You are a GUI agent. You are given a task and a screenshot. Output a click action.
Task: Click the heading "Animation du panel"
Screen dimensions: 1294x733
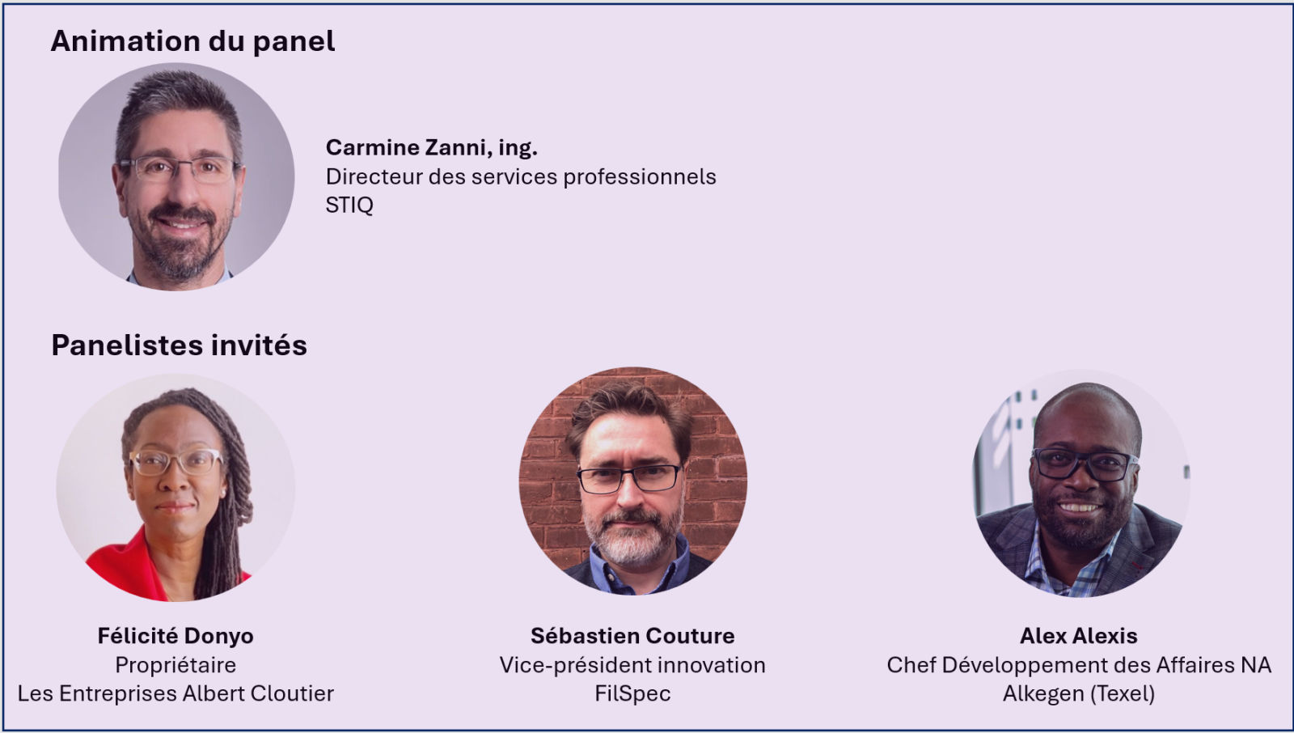tap(192, 41)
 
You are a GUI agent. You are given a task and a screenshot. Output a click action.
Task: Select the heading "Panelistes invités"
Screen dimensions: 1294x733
tap(179, 345)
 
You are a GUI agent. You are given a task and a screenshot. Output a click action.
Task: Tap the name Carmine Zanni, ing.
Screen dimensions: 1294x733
tap(432, 148)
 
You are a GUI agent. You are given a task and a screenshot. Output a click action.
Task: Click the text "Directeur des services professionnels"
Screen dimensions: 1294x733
tap(521, 177)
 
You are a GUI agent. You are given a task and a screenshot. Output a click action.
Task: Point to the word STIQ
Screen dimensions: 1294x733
tap(349, 205)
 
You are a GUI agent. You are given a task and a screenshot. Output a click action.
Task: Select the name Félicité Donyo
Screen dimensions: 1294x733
tap(175, 636)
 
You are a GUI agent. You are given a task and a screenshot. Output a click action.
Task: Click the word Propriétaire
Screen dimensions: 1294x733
tap(175, 665)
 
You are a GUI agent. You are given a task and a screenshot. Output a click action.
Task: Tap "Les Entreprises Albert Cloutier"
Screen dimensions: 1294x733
tap(175, 693)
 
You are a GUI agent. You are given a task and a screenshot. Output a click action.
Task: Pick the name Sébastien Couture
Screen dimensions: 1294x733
tap(632, 636)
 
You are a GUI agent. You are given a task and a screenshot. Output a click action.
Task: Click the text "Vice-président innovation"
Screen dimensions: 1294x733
tap(632, 665)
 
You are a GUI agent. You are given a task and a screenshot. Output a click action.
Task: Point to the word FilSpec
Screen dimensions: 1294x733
tap(632, 693)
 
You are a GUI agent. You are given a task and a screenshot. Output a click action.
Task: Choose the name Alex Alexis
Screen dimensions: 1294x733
tap(1079, 636)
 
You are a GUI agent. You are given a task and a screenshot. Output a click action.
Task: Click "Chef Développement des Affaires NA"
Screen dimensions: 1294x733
tap(1079, 665)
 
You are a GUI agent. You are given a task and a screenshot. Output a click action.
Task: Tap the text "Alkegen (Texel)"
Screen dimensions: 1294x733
tap(1079, 693)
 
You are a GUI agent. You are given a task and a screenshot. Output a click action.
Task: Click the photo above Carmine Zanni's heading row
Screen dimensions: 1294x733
tap(176, 176)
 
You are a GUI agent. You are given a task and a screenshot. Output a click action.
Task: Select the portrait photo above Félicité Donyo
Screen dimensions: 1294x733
tap(175, 487)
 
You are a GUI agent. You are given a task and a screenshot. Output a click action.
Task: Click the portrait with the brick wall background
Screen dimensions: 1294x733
tap(632, 481)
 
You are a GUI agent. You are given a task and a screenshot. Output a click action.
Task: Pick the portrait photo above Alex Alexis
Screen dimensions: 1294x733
tap(1080, 483)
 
